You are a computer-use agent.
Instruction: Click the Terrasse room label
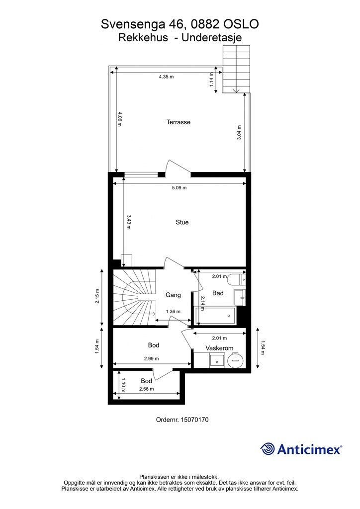click(178, 122)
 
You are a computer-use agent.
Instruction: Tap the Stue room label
click(182, 222)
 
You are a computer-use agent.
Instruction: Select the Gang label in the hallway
click(173, 295)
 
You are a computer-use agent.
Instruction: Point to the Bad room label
click(218, 293)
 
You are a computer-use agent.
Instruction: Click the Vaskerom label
click(219, 348)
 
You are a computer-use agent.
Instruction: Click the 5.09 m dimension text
click(179, 187)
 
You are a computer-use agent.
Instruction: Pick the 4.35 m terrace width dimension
click(166, 77)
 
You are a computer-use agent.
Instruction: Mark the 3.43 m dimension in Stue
click(129, 222)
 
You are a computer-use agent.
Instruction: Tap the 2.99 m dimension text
click(151, 359)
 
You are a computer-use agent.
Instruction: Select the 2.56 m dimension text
click(146, 389)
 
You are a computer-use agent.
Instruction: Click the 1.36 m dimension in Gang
click(173, 311)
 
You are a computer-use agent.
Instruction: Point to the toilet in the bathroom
click(236, 279)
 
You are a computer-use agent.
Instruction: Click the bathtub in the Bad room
click(215, 316)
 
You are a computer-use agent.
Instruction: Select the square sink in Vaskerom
click(216, 361)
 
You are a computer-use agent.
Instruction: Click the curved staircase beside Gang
click(134, 297)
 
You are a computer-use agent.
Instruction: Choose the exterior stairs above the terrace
click(237, 69)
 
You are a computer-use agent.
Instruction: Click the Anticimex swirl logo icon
click(267, 449)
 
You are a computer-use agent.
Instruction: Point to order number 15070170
click(182, 420)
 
